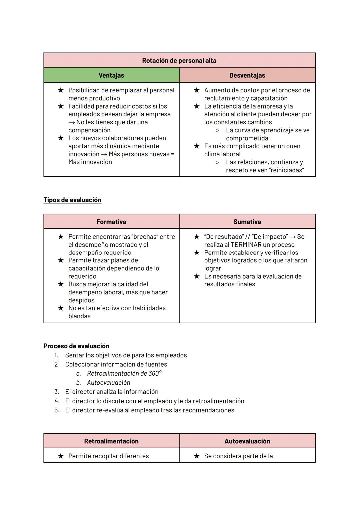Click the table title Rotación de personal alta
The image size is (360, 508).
coord(179,61)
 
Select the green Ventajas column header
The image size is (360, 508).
coord(111,75)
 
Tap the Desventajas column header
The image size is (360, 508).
coord(247,75)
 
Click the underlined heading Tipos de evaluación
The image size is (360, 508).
coord(72,200)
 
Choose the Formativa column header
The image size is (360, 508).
coord(111,222)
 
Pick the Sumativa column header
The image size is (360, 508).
coord(247,222)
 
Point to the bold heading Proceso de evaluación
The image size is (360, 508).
coord(76,346)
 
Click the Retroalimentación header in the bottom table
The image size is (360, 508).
coord(111,441)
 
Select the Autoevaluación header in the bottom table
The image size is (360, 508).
coord(247,441)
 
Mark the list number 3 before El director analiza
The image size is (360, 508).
coord(57,392)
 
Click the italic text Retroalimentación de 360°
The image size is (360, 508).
coord(124,374)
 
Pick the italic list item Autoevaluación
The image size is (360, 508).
coord(109,383)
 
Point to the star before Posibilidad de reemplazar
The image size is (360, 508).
coord(61,90)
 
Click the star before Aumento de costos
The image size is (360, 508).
coord(197,90)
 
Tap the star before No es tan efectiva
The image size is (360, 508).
coord(61,308)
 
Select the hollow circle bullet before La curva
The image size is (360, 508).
coord(217,130)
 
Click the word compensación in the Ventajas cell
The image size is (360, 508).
coord(89,130)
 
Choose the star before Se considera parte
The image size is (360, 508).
coord(197,456)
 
